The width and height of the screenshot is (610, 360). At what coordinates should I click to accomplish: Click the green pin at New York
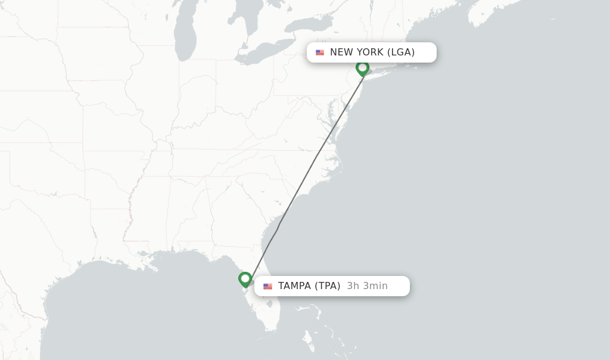tap(362, 68)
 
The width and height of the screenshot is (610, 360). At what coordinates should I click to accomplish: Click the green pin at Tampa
tap(245, 279)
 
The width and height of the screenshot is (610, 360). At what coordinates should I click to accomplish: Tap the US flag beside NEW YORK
tap(320, 52)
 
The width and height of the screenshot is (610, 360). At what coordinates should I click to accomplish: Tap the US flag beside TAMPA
tap(267, 286)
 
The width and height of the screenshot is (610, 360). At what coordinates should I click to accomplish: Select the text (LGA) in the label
tap(401, 52)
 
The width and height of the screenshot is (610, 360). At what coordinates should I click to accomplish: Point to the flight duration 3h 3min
tap(367, 285)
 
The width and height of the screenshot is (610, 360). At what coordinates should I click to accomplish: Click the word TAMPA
tap(294, 285)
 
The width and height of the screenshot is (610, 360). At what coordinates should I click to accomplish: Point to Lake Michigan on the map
tap(185, 36)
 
